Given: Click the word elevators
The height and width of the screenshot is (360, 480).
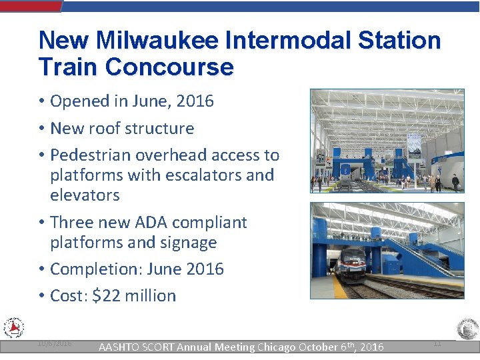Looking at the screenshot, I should click(85, 195).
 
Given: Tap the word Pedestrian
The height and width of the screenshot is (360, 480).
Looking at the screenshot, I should click(91, 155).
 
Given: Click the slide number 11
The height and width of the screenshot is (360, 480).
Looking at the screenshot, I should click(437, 343).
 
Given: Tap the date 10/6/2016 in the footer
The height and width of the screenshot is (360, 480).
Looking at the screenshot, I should click(55, 343).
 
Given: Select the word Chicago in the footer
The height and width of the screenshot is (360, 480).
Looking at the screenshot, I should click(276, 347).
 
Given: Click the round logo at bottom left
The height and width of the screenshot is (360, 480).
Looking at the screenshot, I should click(13, 328).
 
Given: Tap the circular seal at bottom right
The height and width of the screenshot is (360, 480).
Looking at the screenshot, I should click(467, 330).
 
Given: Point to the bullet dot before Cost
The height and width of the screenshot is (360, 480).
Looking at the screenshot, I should click(41, 296).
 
